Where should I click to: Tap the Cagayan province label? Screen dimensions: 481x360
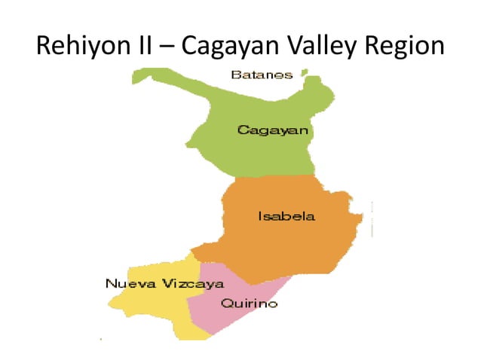point(273,130)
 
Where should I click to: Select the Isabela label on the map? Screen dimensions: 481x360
point(286,217)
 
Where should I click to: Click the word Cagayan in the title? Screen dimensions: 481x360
point(240,47)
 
